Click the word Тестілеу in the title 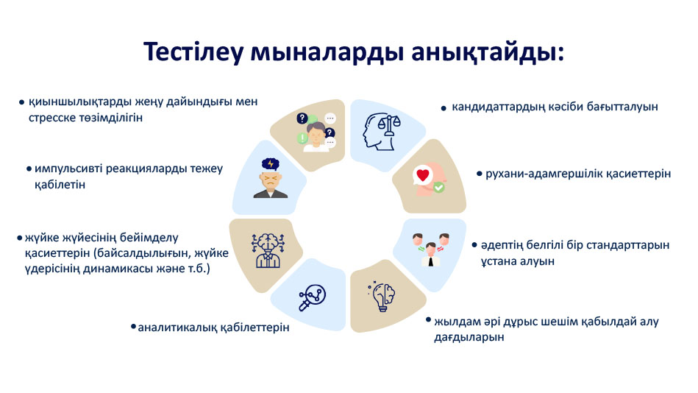pyautogui.click(x=193, y=52)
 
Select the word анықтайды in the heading pyautogui.click(x=488, y=52)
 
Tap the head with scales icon pyautogui.click(x=382, y=132)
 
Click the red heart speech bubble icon pyautogui.click(x=422, y=175)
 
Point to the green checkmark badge pyautogui.click(x=438, y=188)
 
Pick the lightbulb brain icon pyautogui.click(x=382, y=296)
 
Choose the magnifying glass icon pyautogui.click(x=312, y=297)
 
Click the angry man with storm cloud pyautogui.click(x=270, y=178)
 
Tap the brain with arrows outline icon pyautogui.click(x=268, y=250)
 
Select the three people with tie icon pyautogui.click(x=430, y=249)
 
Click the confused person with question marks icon pyautogui.click(x=316, y=132)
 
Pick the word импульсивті pyautogui.click(x=68, y=169)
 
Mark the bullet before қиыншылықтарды pyautogui.click(x=21, y=102)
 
